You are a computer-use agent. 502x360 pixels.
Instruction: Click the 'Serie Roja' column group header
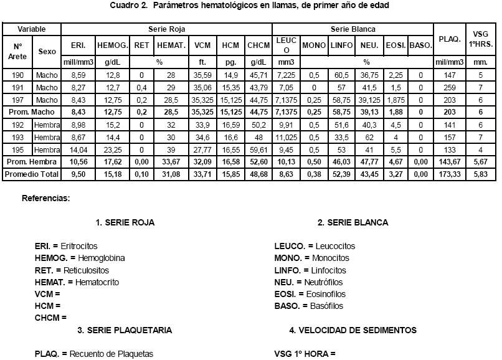tap(166, 29)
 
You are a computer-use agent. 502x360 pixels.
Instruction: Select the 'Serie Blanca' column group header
tap(353, 29)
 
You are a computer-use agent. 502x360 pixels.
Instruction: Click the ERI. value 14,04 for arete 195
tap(78, 149)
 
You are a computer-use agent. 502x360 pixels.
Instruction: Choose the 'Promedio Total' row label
tap(32, 174)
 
